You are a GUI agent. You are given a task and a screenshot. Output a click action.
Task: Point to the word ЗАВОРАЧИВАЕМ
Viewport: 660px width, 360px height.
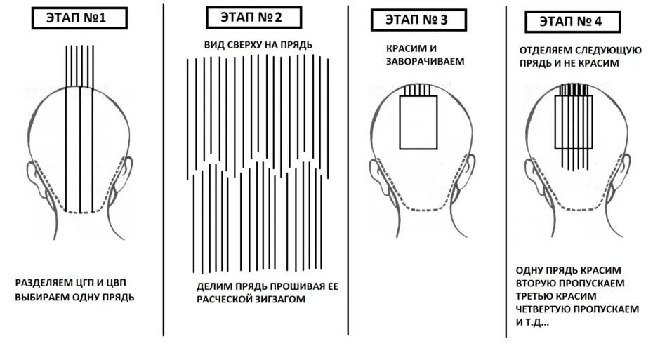[x=425, y=61]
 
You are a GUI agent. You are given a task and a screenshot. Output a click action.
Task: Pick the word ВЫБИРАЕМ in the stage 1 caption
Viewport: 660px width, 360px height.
[x=43, y=298]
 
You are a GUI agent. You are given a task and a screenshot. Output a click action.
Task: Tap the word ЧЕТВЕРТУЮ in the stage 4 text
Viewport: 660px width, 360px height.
[x=543, y=309]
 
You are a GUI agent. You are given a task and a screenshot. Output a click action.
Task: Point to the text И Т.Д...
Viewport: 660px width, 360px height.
[x=532, y=323]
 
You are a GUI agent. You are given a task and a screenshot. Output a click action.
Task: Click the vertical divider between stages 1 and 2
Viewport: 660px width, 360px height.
[x=164, y=170]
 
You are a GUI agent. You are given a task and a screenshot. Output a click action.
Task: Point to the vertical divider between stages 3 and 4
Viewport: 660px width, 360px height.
[x=506, y=172]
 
